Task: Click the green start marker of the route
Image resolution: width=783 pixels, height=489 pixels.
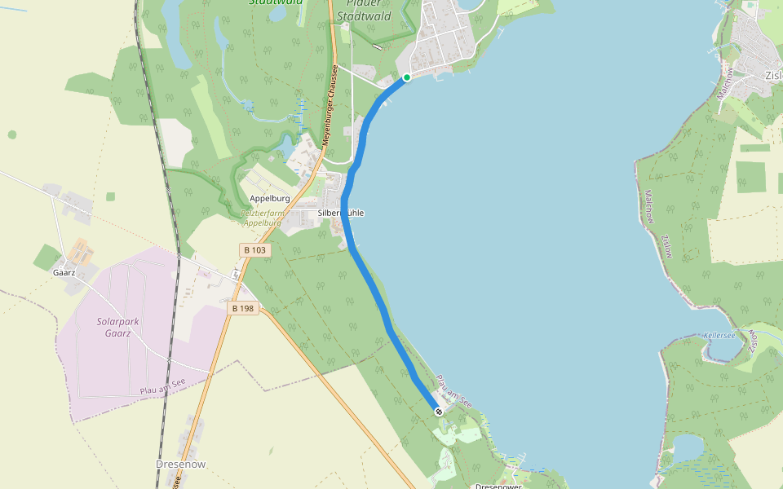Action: point(406,78)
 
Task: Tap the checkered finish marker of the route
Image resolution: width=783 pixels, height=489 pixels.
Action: point(439,412)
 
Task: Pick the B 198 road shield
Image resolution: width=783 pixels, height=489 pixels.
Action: point(243,308)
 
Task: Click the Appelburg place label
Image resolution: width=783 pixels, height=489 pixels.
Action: point(270,198)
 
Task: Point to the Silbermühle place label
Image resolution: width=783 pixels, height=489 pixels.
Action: point(341,213)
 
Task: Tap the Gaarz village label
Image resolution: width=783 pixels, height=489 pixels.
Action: point(64,272)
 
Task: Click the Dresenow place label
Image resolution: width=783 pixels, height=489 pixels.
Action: point(181,464)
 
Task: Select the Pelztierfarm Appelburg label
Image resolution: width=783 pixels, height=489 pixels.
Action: point(261,218)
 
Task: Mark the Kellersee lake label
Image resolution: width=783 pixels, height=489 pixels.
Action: point(719,336)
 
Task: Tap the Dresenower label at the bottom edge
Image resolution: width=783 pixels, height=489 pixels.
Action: point(498,486)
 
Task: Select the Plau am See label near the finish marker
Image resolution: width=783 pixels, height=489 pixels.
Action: point(454,390)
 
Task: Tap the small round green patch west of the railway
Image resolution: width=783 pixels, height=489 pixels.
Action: point(12,134)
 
